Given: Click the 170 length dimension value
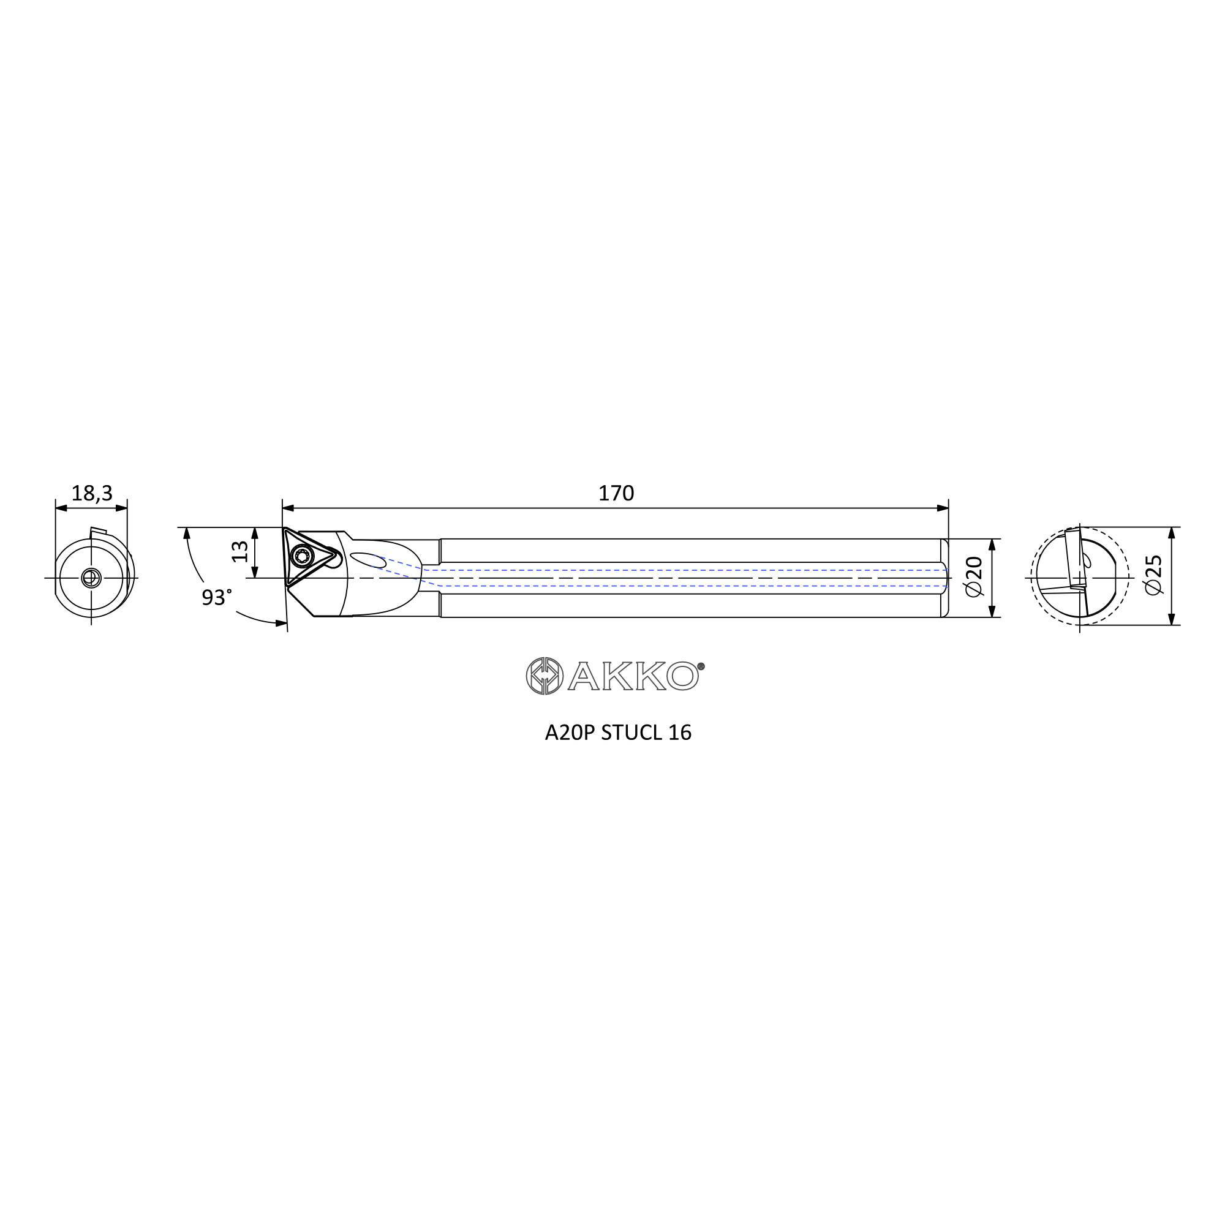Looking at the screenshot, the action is pyautogui.click(x=616, y=493).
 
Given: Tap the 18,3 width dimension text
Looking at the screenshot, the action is pyautogui.click(x=91, y=493).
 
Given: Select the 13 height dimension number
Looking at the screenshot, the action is pyautogui.click(x=239, y=552).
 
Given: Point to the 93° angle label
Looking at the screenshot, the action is pyautogui.click(x=216, y=597).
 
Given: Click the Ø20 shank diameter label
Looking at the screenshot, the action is pyautogui.click(x=973, y=576).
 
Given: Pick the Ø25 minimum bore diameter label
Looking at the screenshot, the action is pyautogui.click(x=1153, y=575).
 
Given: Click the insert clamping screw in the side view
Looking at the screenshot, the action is pyautogui.click(x=302, y=557).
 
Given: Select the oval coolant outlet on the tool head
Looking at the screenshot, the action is pyautogui.click(x=367, y=560).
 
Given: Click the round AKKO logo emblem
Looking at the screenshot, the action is pyautogui.click(x=545, y=676).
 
